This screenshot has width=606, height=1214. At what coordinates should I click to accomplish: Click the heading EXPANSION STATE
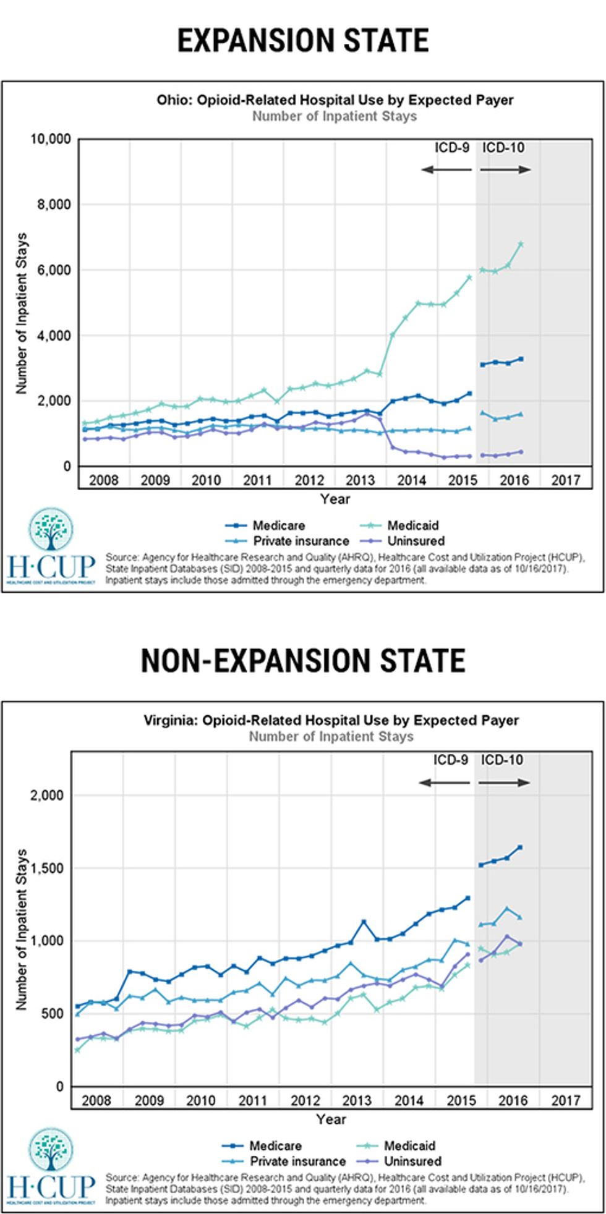[x=303, y=41]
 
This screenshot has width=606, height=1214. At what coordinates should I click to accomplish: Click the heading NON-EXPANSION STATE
[x=303, y=660]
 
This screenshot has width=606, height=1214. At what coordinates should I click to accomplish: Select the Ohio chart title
[x=335, y=100]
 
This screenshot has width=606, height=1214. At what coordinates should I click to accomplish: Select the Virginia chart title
[x=331, y=720]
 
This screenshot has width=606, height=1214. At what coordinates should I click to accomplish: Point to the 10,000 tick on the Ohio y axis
[x=51, y=139]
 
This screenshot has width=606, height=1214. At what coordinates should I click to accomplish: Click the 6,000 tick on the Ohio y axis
[x=54, y=270]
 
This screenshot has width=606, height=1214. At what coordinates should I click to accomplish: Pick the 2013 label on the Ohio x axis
[x=360, y=480]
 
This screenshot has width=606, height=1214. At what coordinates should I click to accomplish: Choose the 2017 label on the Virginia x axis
[x=565, y=1100]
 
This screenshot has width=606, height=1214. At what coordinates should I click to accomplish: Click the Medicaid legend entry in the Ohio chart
[x=412, y=525]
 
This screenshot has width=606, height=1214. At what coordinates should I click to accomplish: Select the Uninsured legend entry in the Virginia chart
[x=412, y=1161]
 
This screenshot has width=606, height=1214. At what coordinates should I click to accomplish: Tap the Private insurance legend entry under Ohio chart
[x=301, y=541]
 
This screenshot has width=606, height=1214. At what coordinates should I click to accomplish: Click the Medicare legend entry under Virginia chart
[x=275, y=1145]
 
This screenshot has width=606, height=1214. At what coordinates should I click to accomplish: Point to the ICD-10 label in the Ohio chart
[x=503, y=148]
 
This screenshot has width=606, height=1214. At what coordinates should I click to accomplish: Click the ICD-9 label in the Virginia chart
[x=450, y=760]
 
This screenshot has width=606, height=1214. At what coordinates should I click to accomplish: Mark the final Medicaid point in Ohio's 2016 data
[x=521, y=244]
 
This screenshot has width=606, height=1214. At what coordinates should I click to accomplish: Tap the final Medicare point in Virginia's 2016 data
[x=520, y=847]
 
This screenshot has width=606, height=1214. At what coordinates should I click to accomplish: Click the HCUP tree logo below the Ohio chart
[x=51, y=530]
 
